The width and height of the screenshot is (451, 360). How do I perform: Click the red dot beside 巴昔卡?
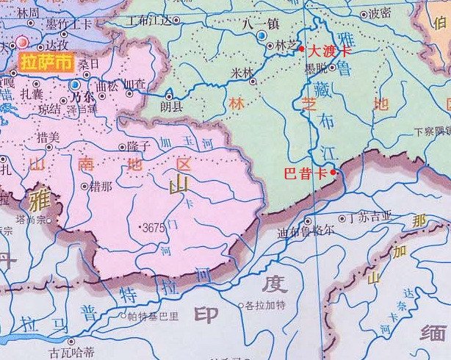pyautogui.click(x=333, y=172)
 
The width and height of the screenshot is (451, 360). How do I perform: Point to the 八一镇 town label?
pyautogui.click(x=261, y=24)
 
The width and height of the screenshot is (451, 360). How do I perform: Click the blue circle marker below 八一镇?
pyautogui.click(x=262, y=35)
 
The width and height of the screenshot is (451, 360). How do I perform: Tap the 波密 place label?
pyautogui.click(x=380, y=12)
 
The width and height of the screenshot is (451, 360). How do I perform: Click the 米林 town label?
pyautogui.click(x=241, y=72)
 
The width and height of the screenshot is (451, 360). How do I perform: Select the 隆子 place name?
pyautogui.click(x=137, y=146)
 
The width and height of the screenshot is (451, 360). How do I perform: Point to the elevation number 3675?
pyautogui.click(x=153, y=228)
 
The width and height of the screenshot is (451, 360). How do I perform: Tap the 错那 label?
pyautogui.click(x=101, y=186)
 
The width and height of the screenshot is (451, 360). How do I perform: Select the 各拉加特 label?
pyautogui.click(x=263, y=306)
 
